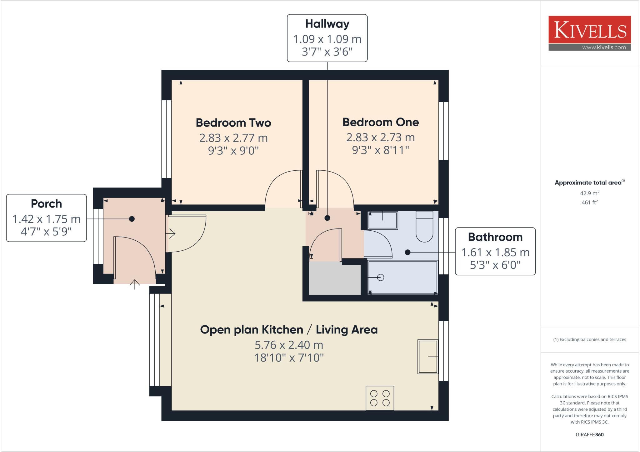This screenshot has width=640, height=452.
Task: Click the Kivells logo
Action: pos(589,30)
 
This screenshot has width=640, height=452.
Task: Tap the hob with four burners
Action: pos(380,398)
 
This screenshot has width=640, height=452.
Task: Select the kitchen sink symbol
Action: pos(428,357)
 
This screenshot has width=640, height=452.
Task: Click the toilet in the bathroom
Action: pos(424,228)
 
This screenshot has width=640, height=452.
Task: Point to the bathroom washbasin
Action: pos(383,220)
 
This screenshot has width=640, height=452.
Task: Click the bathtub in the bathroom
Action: pos(403,277)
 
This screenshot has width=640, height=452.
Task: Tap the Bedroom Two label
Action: pos(233,123)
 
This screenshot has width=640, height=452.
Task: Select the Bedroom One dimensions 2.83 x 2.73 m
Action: pos(380,137)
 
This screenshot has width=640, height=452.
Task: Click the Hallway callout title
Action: pos(327,24)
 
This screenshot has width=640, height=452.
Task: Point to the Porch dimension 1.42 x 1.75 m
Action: pos(46,219)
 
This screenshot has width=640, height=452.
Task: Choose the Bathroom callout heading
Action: pos(495,237)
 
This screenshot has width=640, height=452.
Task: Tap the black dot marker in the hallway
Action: pos(327,218)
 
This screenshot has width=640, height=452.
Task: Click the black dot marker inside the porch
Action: pos(132,219)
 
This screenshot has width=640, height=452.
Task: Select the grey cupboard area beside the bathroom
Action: pos(334,279)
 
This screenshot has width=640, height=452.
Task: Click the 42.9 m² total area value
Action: pos(589,193)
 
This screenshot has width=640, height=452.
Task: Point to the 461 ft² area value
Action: pos(589,202)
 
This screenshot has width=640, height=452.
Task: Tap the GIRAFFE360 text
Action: pos(589,434)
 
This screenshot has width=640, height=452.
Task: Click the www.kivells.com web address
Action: pos(604,48)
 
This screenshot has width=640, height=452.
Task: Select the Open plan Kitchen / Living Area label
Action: pos(289,329)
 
